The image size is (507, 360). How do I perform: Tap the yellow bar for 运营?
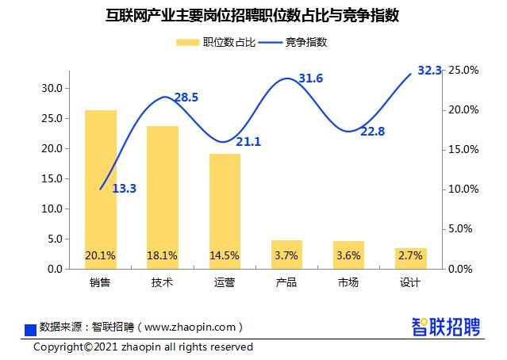coord(225,211)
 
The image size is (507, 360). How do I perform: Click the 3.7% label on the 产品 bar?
coord(286,255)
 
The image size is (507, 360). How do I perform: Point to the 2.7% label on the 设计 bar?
coord(411,255)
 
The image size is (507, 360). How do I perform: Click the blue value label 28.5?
coord(186,98)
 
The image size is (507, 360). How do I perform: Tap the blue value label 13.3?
coord(125,189)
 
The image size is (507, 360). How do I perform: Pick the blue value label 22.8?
coord(372,132)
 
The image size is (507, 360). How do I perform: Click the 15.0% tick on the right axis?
coord(461,149)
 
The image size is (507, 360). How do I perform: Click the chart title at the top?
coord(252,14)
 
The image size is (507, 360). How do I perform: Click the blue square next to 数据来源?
coord(31,328)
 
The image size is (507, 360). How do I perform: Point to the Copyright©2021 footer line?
coord(143,347)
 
